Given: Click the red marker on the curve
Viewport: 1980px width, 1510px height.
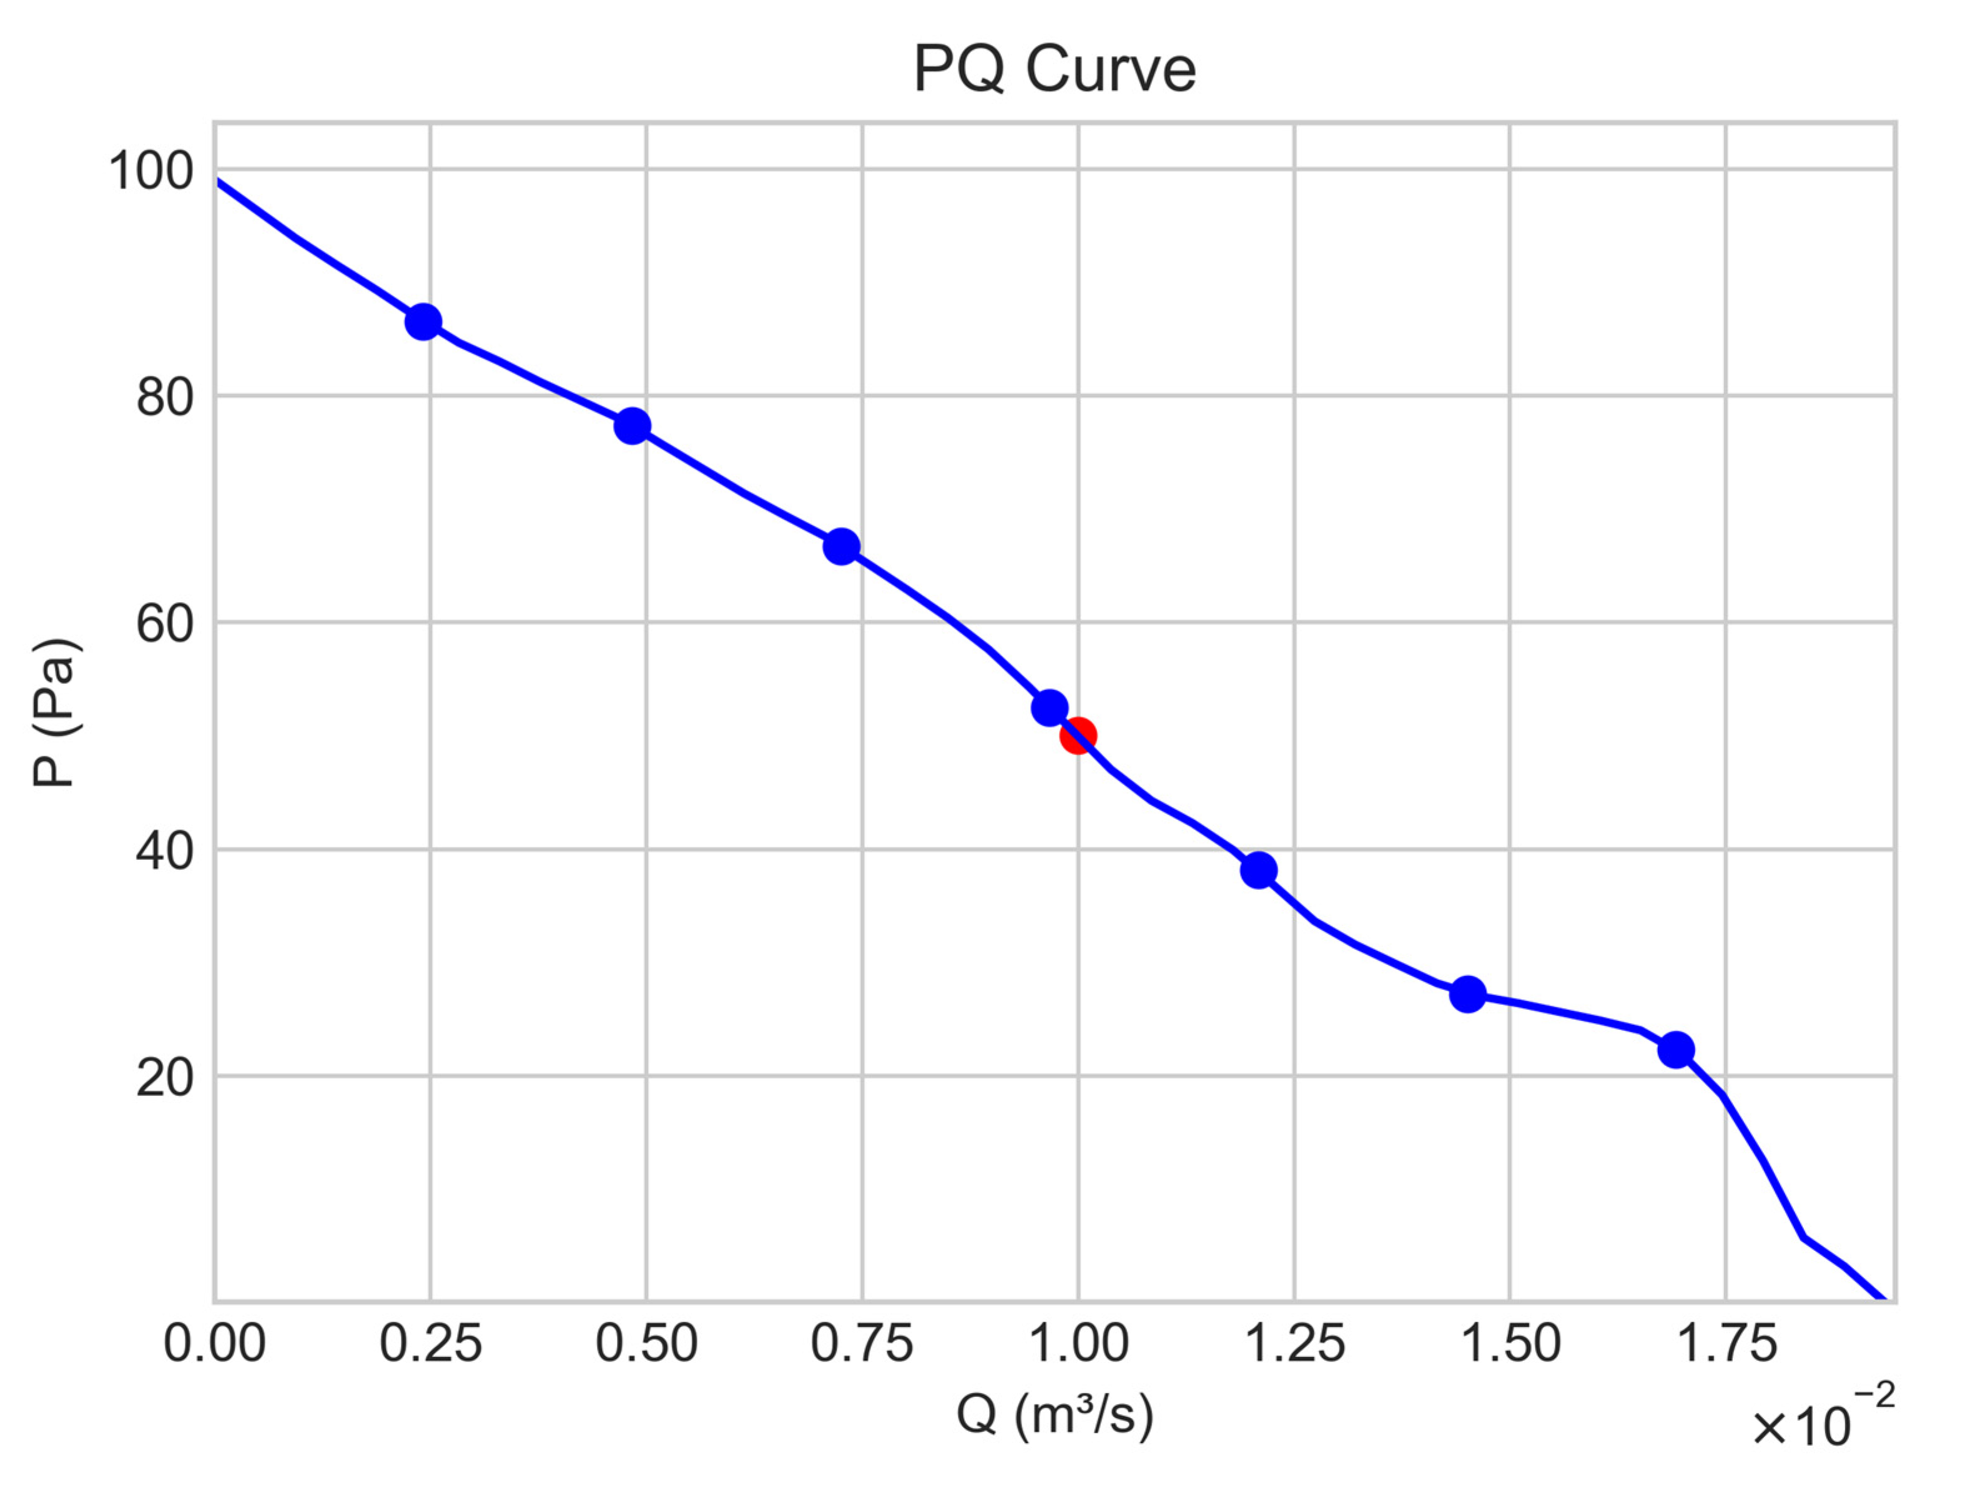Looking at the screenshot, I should tap(1078, 736).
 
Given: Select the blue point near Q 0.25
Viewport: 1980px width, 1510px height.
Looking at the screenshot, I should tap(423, 322).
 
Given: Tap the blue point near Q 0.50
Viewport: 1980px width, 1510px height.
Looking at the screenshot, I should tap(633, 426).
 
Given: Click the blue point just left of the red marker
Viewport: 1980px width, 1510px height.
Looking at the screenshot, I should tap(1049, 708).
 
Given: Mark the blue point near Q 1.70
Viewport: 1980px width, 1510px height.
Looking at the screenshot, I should tap(1676, 1050).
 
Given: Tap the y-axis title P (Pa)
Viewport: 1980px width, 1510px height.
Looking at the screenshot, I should tap(55, 713).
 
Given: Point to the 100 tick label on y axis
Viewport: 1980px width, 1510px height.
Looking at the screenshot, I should tap(151, 170).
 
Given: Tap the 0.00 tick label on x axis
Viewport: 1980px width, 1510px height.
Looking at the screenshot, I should tap(214, 1345).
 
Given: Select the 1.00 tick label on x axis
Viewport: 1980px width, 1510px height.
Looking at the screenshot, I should tap(1078, 1345).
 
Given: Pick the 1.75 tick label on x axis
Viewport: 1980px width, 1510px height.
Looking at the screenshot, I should tap(1726, 1345).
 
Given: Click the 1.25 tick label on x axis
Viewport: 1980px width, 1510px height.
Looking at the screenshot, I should tap(1294, 1345).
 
